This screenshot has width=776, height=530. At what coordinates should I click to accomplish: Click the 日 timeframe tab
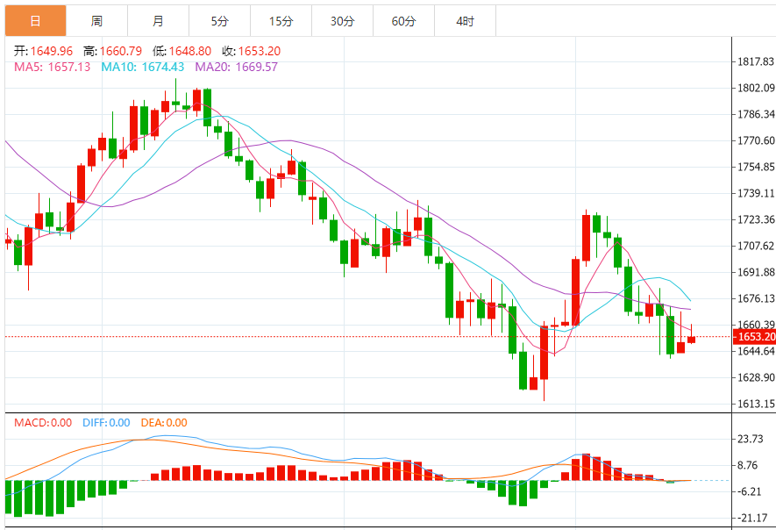(35, 20)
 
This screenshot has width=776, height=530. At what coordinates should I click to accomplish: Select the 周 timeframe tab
(96, 20)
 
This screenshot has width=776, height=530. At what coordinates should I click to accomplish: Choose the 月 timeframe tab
(158, 20)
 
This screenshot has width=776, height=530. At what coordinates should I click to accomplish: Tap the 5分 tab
(219, 20)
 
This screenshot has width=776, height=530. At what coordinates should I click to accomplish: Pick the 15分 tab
(281, 20)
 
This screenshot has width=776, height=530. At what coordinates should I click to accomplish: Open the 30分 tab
(342, 20)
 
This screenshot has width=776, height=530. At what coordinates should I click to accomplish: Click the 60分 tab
(403, 20)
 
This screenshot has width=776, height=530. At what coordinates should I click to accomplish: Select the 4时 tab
(465, 20)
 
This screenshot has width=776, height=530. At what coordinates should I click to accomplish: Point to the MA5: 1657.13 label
(53, 67)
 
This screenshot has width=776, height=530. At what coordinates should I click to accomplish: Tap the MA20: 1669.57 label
(236, 67)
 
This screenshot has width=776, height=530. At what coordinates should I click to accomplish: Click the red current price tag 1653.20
(754, 337)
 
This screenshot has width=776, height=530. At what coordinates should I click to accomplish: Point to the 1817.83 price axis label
(755, 61)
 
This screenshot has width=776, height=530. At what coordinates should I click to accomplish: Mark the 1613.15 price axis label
(755, 405)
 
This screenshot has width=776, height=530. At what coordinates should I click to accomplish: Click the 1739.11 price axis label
(755, 193)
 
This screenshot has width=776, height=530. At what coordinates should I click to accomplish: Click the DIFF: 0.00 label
(106, 423)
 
